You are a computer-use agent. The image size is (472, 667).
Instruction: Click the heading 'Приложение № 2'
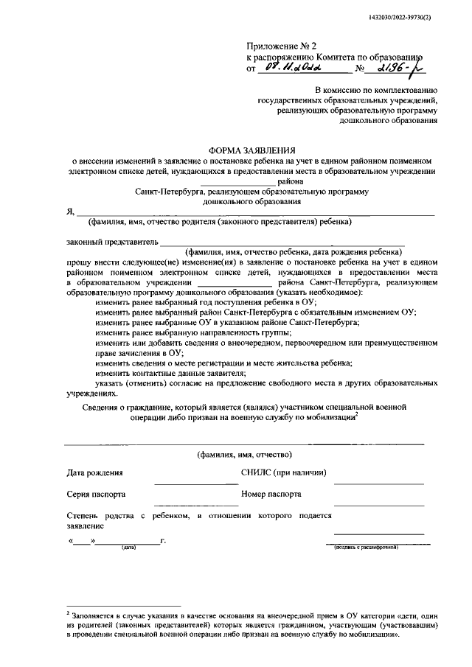coord(277,46)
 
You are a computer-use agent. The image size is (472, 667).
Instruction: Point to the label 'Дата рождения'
coord(94,472)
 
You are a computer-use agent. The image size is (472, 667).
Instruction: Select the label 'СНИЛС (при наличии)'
coord(283,472)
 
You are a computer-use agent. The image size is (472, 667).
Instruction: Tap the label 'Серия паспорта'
coord(96,495)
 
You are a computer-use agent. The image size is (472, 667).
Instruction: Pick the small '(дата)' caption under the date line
coord(129,548)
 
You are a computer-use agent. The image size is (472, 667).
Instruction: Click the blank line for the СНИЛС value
coord(378,482)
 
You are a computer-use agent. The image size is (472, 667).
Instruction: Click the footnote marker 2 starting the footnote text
coord(69,612)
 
